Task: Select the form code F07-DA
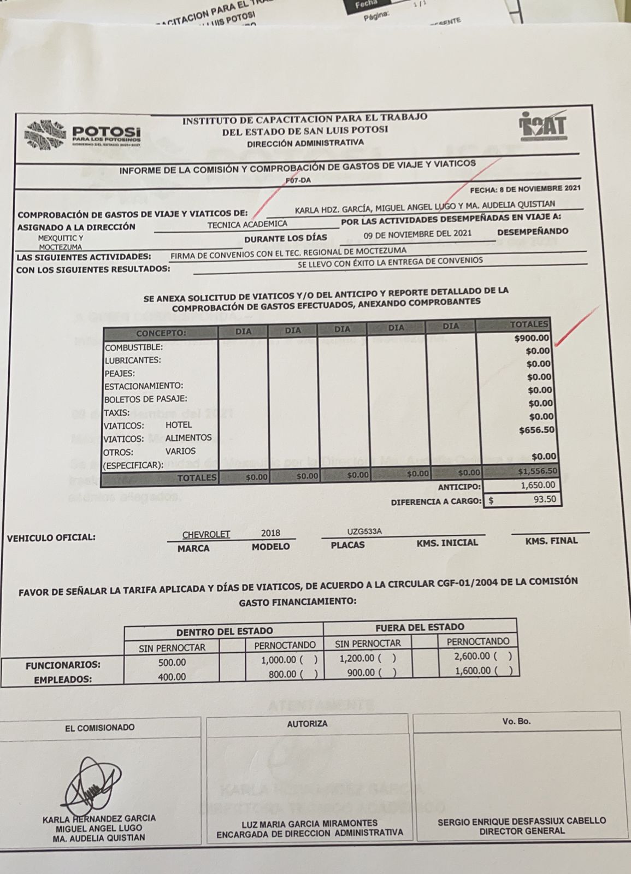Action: tap(298, 181)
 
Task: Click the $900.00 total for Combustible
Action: tap(531, 338)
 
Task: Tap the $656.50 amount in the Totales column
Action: tap(536, 430)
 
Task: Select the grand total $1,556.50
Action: tap(537, 471)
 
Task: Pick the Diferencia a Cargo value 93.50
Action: tap(544, 499)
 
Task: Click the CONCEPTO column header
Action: tap(161, 333)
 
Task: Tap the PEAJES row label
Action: tap(120, 374)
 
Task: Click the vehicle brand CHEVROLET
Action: tap(206, 534)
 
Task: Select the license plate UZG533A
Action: tap(364, 532)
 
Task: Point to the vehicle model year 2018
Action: tap(270, 533)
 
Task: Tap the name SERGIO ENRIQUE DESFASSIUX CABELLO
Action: tap(522, 820)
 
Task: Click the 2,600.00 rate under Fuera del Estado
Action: tap(473, 656)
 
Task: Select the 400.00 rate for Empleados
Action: tap(172, 677)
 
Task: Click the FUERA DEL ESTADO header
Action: tap(420, 627)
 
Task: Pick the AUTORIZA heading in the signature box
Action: tap(307, 724)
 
